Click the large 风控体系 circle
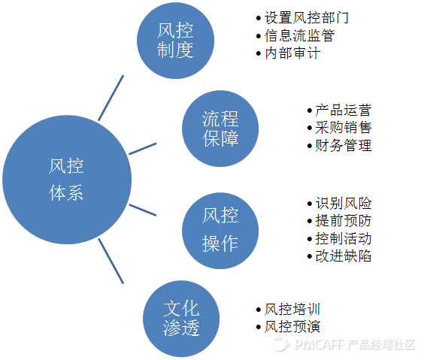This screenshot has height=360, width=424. [62, 181]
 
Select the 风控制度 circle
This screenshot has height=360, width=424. [175, 41]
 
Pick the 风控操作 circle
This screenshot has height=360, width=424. [220, 229]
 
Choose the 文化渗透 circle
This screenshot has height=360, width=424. [180, 316]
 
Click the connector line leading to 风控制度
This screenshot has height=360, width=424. [110, 98]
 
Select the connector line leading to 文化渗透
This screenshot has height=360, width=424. [111, 261]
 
